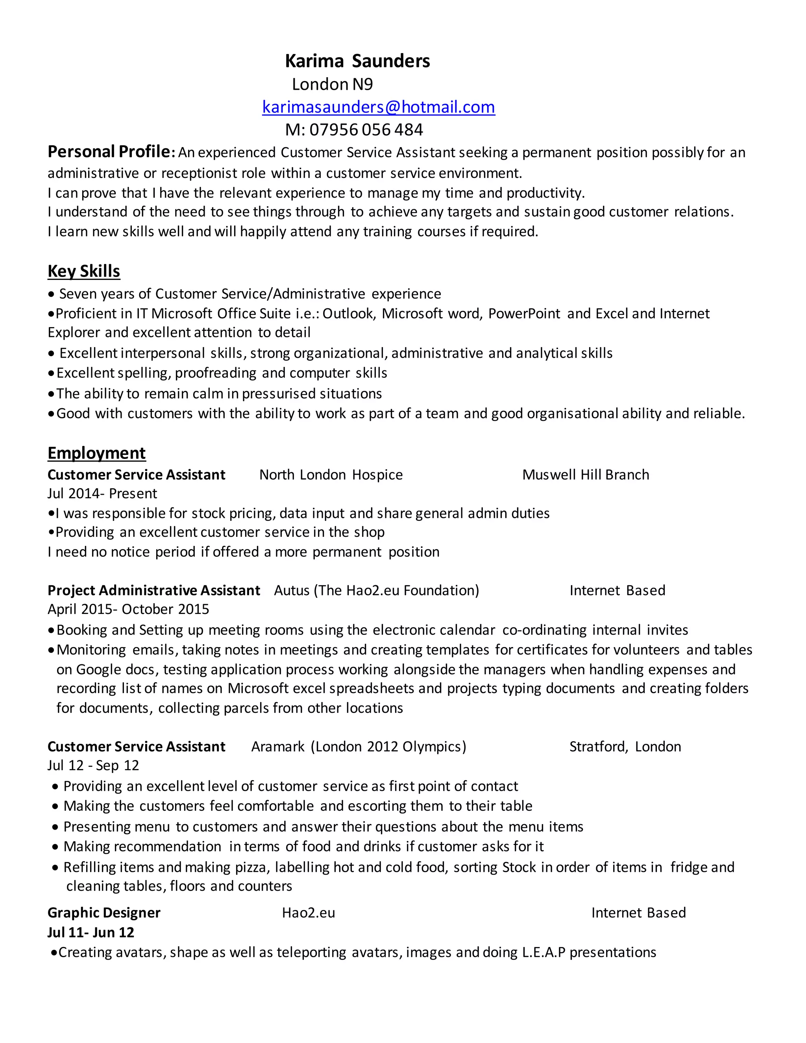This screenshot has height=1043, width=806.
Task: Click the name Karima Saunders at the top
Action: tap(357, 61)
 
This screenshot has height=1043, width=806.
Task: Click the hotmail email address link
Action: tap(378, 107)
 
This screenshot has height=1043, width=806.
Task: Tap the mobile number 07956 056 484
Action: tap(366, 130)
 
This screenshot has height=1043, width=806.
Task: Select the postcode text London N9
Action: tap(332, 85)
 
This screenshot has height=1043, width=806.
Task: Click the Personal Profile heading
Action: tap(109, 152)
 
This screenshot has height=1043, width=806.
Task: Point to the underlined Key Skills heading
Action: tap(83, 271)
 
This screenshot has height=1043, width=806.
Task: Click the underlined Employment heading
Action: tap(96, 453)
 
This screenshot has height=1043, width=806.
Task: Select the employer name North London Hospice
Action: tap(331, 475)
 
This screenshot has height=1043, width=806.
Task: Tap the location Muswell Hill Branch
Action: tap(585, 475)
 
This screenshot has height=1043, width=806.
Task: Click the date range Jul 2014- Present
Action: tap(102, 493)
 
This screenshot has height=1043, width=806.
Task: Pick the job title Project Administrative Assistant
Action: tap(154, 591)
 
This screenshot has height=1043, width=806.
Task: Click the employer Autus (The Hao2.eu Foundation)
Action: tap(376, 591)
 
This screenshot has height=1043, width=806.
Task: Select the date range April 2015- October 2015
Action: tap(128, 609)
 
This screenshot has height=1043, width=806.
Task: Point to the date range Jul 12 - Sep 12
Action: tap(93, 766)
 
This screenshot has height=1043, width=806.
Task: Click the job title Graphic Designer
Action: tap(104, 913)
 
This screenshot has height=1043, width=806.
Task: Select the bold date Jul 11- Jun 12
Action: tap(91, 932)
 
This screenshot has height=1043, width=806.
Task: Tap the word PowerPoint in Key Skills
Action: tap(524, 314)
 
